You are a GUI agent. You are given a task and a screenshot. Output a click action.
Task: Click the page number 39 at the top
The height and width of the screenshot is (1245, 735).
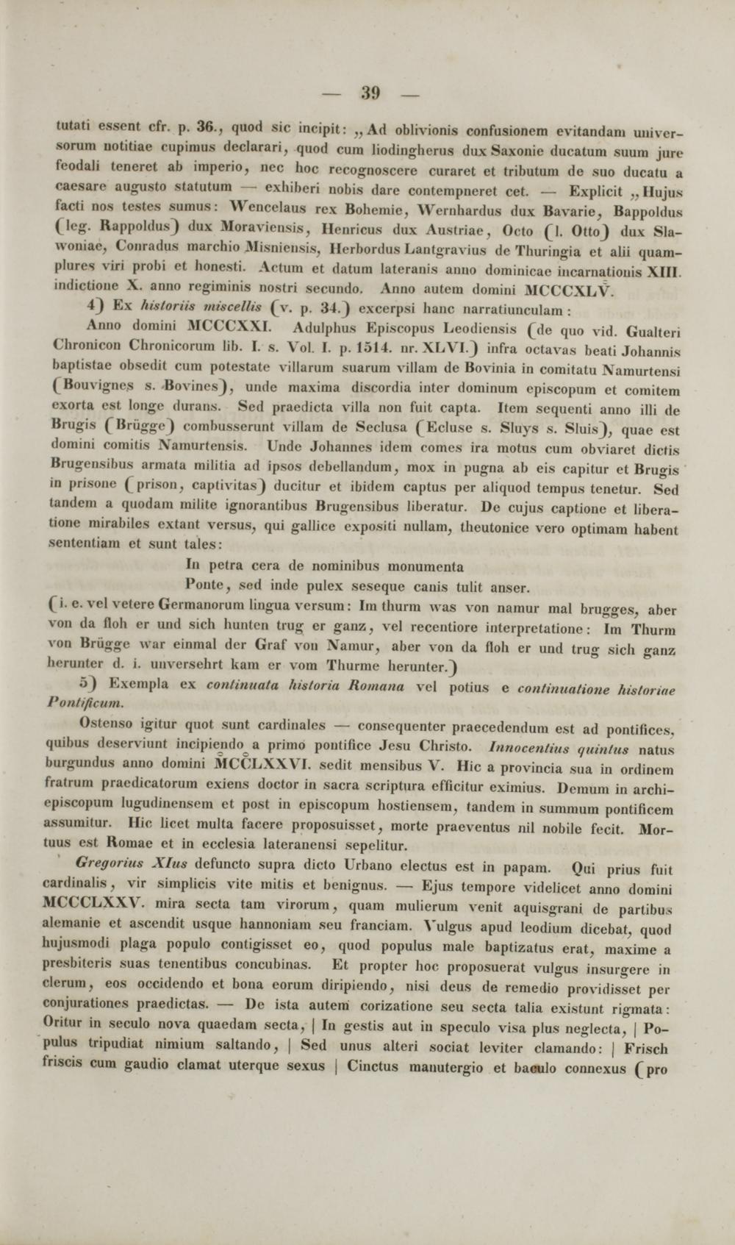click(370, 93)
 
